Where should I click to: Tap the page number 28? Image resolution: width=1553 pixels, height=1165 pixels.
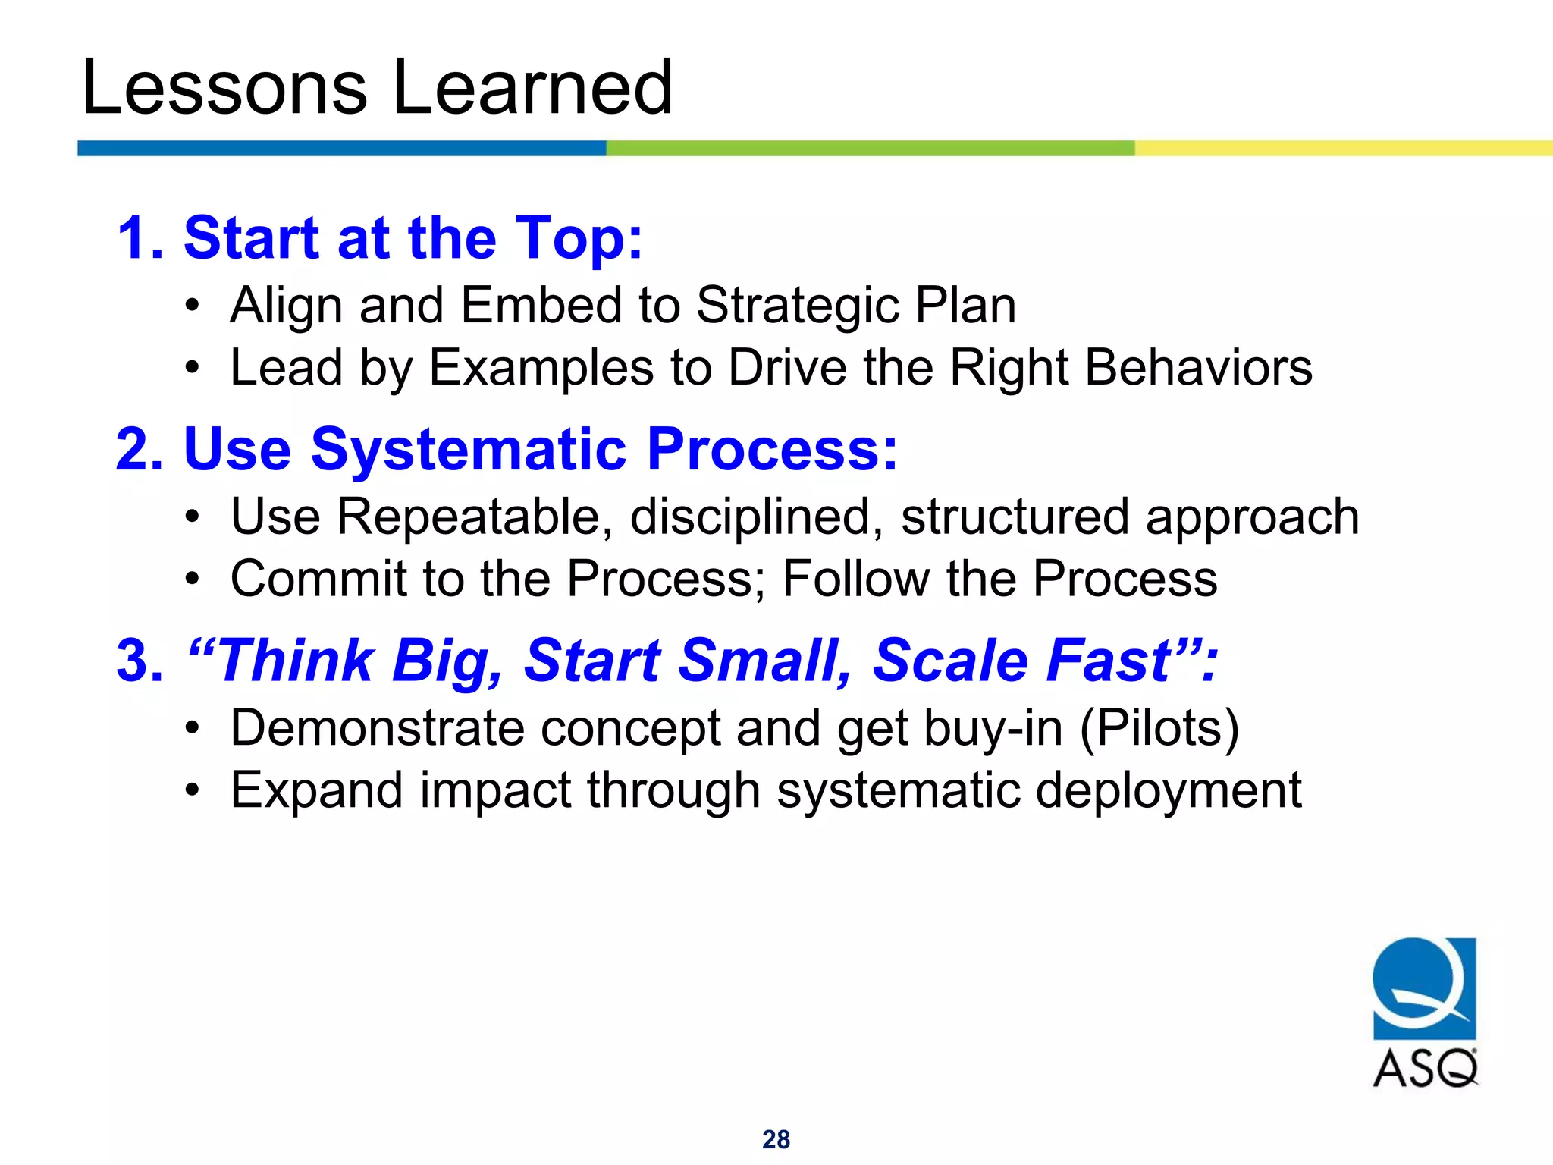click(x=776, y=1139)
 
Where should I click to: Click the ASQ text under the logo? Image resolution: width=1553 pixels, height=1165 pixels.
click(x=1425, y=1069)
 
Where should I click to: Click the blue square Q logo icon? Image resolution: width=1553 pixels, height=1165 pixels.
click(x=1424, y=988)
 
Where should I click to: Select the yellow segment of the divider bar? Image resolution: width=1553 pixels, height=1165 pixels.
click(x=1342, y=148)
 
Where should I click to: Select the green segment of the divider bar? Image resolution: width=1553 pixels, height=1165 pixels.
click(x=870, y=148)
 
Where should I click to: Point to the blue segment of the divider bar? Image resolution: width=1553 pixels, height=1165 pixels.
click(x=341, y=148)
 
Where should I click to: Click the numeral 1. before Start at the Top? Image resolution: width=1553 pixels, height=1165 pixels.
click(x=141, y=238)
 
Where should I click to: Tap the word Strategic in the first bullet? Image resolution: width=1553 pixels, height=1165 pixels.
click(x=796, y=306)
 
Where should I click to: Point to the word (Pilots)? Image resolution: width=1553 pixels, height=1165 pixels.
click(x=1159, y=728)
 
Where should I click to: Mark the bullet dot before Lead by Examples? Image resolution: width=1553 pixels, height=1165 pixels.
click(x=193, y=369)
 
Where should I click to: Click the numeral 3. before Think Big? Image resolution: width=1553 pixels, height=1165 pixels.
click(x=141, y=660)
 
